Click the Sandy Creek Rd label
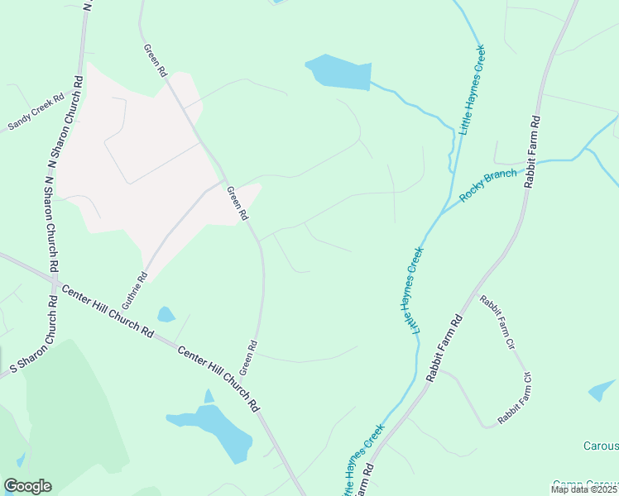coord(36,112)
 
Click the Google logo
coord(27,486)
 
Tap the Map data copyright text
coord(584,489)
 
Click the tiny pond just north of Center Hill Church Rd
coord(166,314)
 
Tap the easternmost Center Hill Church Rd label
coord(219,379)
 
